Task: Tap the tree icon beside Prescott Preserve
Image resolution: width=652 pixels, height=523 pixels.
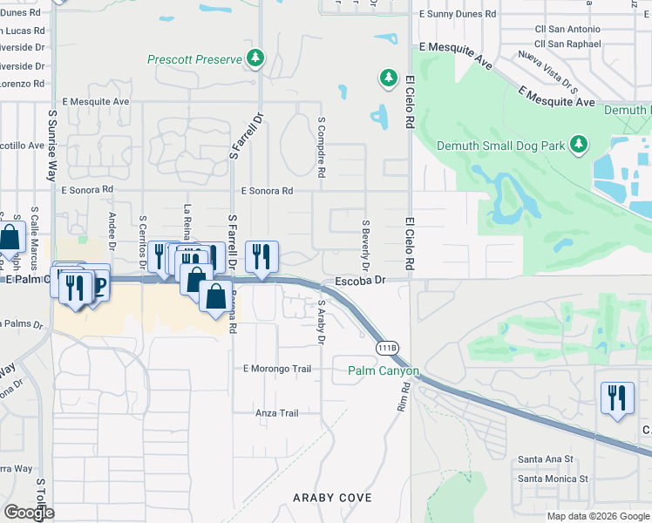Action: (x=255, y=59)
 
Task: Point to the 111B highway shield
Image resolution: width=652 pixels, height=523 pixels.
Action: (x=388, y=348)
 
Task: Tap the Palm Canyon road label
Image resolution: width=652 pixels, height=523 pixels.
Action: (x=384, y=370)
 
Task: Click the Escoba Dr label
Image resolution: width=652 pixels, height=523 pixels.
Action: (x=360, y=281)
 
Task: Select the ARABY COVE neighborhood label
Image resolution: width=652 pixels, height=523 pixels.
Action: (x=333, y=498)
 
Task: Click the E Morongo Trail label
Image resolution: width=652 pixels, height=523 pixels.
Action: (x=277, y=369)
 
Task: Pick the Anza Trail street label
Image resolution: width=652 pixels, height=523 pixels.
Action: (x=277, y=413)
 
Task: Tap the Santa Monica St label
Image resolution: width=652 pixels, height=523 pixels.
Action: (x=553, y=479)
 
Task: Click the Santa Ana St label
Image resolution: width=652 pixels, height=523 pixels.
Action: (x=545, y=458)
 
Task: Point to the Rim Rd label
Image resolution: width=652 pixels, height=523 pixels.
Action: (x=403, y=397)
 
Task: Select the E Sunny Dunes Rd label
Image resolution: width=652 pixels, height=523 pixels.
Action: (x=458, y=14)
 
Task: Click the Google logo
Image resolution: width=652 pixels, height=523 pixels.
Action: (x=28, y=513)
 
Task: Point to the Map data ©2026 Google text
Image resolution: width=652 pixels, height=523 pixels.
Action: (x=597, y=516)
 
